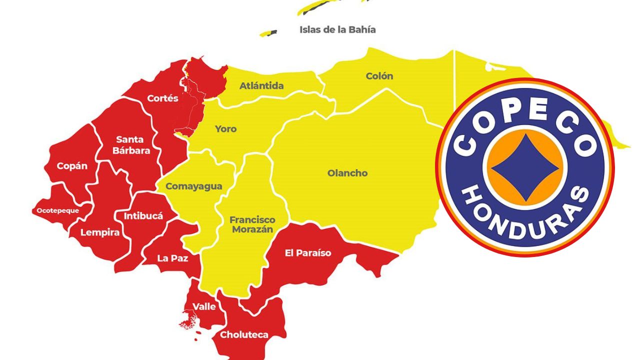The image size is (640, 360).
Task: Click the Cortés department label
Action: pos(162,98)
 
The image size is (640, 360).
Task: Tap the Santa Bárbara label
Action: pos(130,144)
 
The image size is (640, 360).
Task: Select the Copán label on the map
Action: pos(72,166)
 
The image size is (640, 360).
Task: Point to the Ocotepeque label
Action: pos(58,210)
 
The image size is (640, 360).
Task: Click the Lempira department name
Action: pos(100,232)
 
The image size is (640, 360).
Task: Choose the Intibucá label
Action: pos(143,216)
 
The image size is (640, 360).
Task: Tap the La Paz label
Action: pos(172,258)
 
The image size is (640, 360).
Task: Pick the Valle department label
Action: pos(204,306)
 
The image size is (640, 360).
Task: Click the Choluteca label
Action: pos(244,334)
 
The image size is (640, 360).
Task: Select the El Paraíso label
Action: pos(307,253)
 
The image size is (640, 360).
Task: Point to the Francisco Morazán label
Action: pos(252,224)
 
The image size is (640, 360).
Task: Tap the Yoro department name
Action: pos(225,129)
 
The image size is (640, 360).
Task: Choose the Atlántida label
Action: pos(261,85)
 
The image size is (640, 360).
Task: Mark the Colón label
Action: pos(379,76)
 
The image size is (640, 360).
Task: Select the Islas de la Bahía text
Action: pos(337,29)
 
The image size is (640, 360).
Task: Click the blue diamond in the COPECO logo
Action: pos(525,167)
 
